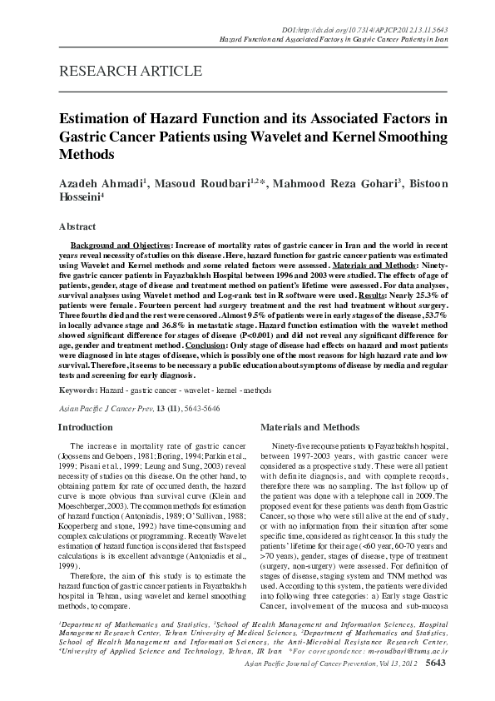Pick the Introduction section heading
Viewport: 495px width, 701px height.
[86, 426]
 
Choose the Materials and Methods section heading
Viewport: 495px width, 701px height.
[309, 426]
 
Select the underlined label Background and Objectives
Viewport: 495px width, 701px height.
[120, 247]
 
